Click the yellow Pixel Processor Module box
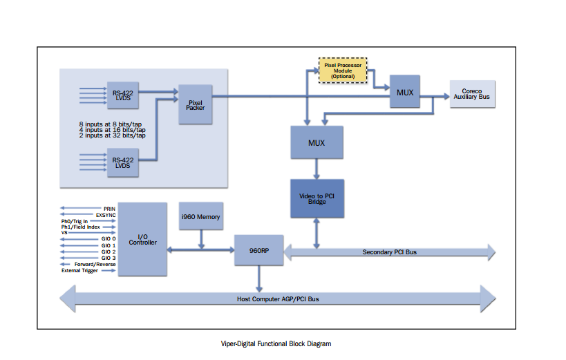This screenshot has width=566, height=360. click(x=343, y=70)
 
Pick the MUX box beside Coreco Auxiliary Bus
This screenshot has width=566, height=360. click(x=404, y=91)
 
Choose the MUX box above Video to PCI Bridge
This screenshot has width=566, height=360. click(x=316, y=142)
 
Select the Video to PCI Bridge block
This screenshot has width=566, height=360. click(x=316, y=198)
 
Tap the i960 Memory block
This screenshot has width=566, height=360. click(x=200, y=217)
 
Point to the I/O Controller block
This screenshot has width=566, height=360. click(x=142, y=239)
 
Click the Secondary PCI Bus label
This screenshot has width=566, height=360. click(x=390, y=252)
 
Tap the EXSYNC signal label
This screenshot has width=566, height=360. click(x=105, y=214)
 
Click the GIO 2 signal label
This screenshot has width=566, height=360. click(x=109, y=252)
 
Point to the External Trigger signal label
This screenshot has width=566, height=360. click(x=88, y=270)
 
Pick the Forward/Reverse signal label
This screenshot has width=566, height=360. click(x=95, y=264)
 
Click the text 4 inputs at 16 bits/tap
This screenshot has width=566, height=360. click(x=112, y=129)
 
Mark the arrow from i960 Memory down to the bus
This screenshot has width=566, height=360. click(x=200, y=238)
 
